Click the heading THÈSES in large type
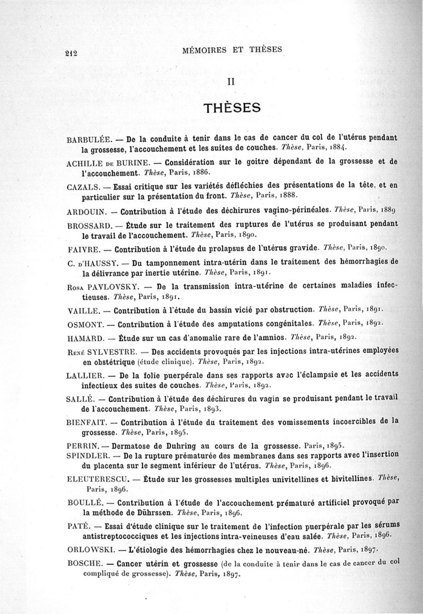pos(233,108)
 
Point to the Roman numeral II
pos(231,82)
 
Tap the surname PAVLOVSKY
pos(110,286)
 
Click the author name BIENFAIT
pos(88,423)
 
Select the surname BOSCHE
pos(85,564)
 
